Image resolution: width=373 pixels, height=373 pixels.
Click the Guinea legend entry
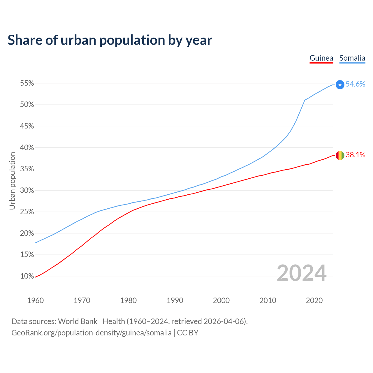(x=321, y=58)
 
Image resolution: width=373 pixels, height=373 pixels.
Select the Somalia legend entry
(x=352, y=58)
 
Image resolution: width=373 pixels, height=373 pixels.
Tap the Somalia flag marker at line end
(x=340, y=85)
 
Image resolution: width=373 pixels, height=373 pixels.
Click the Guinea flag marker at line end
(x=340, y=155)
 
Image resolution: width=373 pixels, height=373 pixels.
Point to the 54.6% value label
(x=355, y=84)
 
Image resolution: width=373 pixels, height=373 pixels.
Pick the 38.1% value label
(x=355, y=155)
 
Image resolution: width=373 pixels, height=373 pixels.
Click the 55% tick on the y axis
(x=27, y=83)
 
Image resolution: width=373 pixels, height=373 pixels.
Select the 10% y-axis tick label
(x=27, y=276)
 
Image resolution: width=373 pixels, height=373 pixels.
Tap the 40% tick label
(x=27, y=148)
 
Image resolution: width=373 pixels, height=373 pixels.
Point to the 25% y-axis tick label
(x=27, y=212)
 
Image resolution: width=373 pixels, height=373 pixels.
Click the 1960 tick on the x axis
(x=35, y=300)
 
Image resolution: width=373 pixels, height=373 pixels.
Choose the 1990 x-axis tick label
(x=175, y=300)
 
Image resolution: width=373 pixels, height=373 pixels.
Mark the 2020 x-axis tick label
(x=314, y=300)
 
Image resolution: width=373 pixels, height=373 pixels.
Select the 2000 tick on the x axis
(x=221, y=300)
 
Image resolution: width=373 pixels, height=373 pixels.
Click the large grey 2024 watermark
(x=302, y=273)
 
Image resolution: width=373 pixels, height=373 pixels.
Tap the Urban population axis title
(x=12, y=181)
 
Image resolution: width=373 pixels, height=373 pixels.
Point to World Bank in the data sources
(x=78, y=321)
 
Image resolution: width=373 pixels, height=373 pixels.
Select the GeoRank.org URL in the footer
(x=92, y=333)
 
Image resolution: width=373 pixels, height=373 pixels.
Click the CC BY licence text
(x=188, y=333)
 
